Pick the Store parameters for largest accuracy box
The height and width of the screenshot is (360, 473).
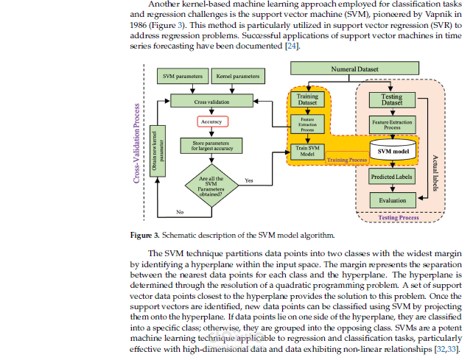(211, 147)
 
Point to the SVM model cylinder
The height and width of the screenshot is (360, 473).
(390, 151)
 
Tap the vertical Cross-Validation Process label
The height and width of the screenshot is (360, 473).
(136, 143)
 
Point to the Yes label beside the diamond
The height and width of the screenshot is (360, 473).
(250, 180)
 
